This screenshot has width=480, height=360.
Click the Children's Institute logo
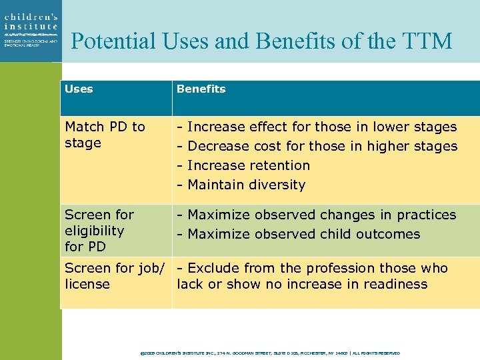[30, 30]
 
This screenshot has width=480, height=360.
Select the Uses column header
[79, 89]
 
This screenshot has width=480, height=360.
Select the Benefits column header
[201, 89]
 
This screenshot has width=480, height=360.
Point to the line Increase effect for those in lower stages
[317, 127]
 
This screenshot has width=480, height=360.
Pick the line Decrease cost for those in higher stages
[317, 146]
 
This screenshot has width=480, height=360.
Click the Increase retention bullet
[243, 165]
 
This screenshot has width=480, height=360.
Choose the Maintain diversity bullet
[241, 185]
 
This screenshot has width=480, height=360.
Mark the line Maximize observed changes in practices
[316, 215]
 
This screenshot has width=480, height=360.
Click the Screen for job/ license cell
[114, 276]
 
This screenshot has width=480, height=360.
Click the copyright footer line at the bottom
[270, 353]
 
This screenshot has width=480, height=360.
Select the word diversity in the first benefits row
[277, 185]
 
